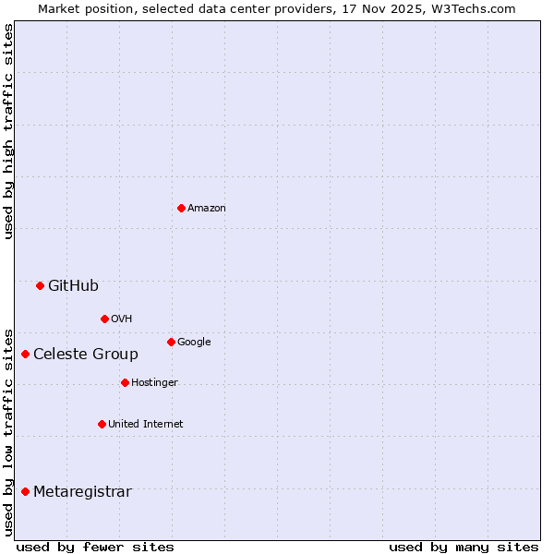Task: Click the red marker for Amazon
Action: (x=181, y=208)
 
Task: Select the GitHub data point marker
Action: (x=40, y=285)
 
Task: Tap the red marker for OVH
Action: (x=104, y=319)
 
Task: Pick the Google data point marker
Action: (x=171, y=342)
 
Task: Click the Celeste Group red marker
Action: (x=25, y=354)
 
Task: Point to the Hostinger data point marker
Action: (x=125, y=382)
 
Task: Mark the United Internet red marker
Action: (x=102, y=424)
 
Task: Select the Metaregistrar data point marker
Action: (x=25, y=491)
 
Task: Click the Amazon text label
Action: (x=207, y=209)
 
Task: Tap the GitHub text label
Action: (x=74, y=286)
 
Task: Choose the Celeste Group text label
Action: (x=86, y=355)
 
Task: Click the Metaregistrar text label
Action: (x=82, y=492)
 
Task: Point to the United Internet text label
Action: (x=146, y=425)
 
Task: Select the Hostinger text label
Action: (x=155, y=383)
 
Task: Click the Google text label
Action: (x=194, y=343)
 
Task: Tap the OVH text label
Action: (x=122, y=319)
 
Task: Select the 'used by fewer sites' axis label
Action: (x=95, y=547)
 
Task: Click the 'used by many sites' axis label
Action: (x=464, y=547)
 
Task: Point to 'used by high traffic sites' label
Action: (x=8, y=131)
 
